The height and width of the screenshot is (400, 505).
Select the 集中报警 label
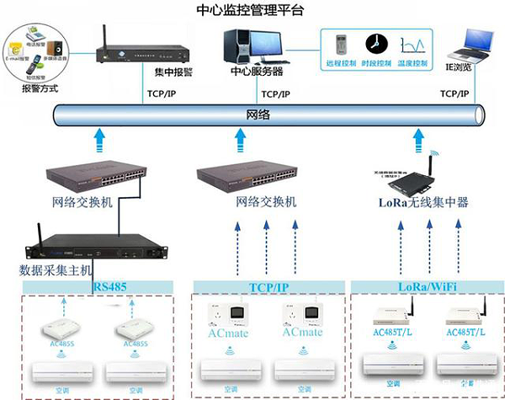pos(175,72)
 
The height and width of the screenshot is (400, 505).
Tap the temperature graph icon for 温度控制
pos(412,44)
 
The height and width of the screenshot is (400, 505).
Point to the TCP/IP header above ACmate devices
pos(268,286)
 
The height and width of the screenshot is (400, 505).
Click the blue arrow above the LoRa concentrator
pos(418,136)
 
